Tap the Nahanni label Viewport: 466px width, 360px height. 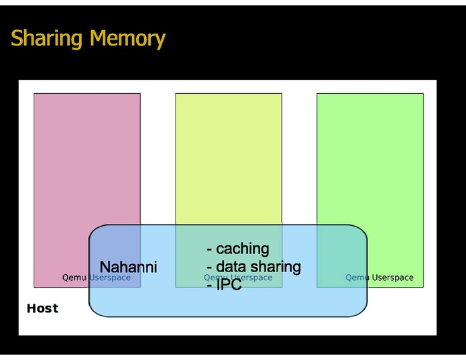pos(128,267)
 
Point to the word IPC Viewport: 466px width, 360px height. pos(229,284)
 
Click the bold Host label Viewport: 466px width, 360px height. pos(42,308)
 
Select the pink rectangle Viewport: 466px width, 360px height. pos(86,154)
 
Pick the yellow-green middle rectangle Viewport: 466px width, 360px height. pos(228,154)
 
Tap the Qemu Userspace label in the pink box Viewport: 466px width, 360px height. pos(96,278)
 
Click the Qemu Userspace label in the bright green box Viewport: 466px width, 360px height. pos(380,278)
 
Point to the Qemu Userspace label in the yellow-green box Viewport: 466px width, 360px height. pos(238,278)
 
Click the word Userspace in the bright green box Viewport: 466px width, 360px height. pos(392,278)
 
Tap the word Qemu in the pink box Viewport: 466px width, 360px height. pos(74,278)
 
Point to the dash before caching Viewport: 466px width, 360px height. pos(209,250)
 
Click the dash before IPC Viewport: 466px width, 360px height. pos(209,285)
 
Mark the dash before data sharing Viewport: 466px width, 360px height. pos(209,267)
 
